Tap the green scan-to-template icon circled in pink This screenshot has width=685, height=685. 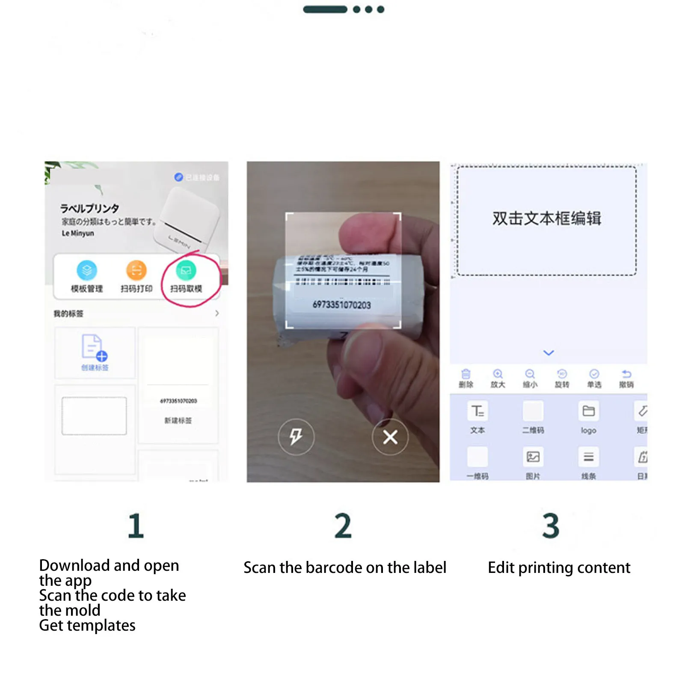click(x=186, y=270)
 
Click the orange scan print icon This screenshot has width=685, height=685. click(x=136, y=270)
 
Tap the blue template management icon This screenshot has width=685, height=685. click(x=87, y=270)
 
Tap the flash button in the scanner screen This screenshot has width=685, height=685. click(x=296, y=437)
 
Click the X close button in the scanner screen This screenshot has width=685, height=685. click(x=390, y=437)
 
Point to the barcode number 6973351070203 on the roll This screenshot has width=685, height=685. click(x=341, y=305)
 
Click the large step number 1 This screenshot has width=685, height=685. click(x=136, y=525)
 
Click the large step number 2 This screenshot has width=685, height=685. click(x=343, y=525)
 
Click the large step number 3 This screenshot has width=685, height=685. click(x=551, y=525)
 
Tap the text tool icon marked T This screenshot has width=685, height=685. click(x=477, y=411)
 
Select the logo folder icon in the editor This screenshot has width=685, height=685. click(x=588, y=411)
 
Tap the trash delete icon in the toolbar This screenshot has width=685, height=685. click(x=466, y=374)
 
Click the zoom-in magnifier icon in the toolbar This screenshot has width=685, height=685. click(x=498, y=374)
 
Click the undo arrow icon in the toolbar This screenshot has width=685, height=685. click(x=626, y=374)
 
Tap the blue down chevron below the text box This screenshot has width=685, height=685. click(x=549, y=353)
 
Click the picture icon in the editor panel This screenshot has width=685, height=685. click(x=533, y=457)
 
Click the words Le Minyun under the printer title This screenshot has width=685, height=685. click(x=77, y=233)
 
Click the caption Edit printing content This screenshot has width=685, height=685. click(x=559, y=567)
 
